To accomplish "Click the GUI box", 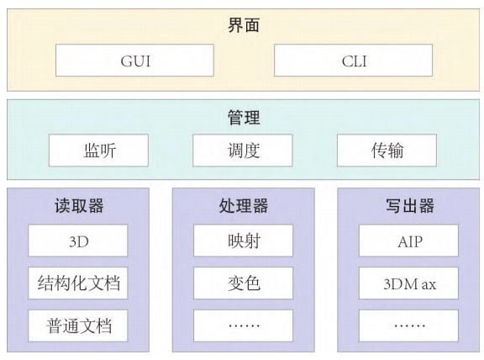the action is (134, 61).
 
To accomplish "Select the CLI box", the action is (353, 61).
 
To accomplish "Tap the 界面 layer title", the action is (244, 25).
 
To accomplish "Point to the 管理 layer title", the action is (244, 118).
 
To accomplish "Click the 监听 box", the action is (98, 151).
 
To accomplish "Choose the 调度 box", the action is (243, 151).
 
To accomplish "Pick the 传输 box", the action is (387, 151).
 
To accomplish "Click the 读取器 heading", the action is (79, 205).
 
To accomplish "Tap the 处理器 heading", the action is (244, 205).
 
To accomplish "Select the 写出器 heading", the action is (409, 205).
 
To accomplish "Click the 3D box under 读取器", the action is (78, 241).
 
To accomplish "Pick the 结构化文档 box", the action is (78, 283).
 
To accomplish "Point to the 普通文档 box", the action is (78, 326).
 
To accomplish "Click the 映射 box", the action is (243, 241).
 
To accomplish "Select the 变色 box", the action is (243, 283).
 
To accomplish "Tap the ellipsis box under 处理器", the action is (243, 326).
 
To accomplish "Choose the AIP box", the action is (408, 241).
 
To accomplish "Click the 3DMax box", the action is (408, 283).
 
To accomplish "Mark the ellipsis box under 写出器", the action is (408, 326).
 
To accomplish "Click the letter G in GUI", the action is (126, 61).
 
